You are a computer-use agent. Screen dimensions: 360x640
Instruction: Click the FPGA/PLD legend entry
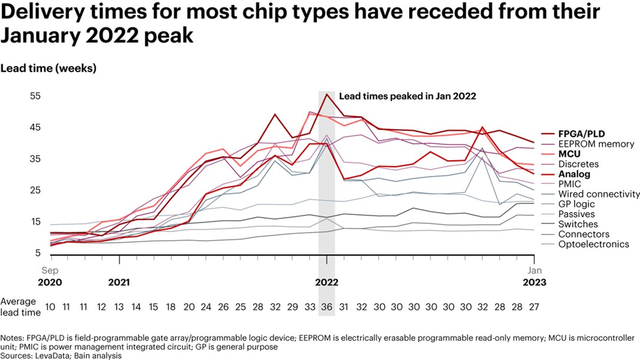581,134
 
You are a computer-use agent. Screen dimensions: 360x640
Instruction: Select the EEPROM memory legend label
596,144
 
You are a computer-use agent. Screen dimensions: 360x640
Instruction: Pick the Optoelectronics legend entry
593,244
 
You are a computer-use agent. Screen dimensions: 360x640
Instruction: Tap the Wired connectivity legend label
599,194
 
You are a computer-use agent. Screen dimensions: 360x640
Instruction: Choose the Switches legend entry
578,224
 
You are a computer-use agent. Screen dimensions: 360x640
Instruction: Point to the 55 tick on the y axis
35,96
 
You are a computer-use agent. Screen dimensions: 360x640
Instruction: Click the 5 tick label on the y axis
38,253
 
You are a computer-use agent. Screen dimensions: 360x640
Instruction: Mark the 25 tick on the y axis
35,190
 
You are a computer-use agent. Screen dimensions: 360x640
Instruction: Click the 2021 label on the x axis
119,282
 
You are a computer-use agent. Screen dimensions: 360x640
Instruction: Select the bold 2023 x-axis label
534,282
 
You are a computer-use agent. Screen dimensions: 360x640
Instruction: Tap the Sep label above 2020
50,270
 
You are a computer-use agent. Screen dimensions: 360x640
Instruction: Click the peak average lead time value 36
327,307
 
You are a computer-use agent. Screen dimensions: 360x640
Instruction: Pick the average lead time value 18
171,307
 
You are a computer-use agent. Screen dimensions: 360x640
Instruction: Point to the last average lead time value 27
534,307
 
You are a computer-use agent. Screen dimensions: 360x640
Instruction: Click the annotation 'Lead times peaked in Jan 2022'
407,96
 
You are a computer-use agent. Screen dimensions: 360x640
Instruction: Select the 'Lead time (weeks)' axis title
48,68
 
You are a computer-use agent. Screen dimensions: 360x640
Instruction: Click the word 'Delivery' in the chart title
42,12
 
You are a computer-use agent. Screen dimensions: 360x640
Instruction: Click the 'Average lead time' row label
20,307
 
